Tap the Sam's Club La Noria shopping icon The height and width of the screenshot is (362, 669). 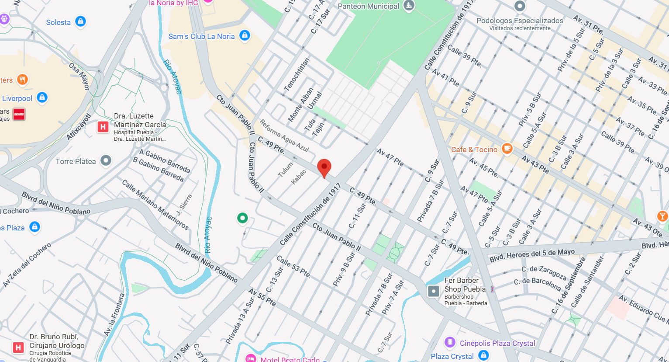tap(245, 35)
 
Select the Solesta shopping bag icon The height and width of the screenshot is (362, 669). tap(80, 21)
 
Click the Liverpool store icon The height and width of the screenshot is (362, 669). tap(42, 97)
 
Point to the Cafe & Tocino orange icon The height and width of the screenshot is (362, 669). tap(507, 149)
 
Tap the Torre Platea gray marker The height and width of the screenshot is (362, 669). tap(106, 161)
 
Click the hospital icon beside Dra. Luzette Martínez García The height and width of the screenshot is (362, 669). tap(103, 127)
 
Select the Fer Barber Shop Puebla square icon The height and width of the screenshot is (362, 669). tap(433, 291)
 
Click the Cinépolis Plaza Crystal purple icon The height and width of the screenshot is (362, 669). tap(450, 342)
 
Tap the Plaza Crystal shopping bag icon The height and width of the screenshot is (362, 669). tap(483, 355)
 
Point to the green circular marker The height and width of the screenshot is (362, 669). tap(242, 218)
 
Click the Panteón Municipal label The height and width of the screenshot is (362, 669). tap(369, 6)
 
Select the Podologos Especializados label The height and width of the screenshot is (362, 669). tap(520, 21)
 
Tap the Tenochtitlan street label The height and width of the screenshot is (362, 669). tap(297, 74)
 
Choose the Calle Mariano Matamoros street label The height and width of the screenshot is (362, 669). tap(155, 204)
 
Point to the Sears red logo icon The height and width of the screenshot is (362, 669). tap(19, 114)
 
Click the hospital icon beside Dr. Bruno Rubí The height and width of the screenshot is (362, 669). tap(18, 348)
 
